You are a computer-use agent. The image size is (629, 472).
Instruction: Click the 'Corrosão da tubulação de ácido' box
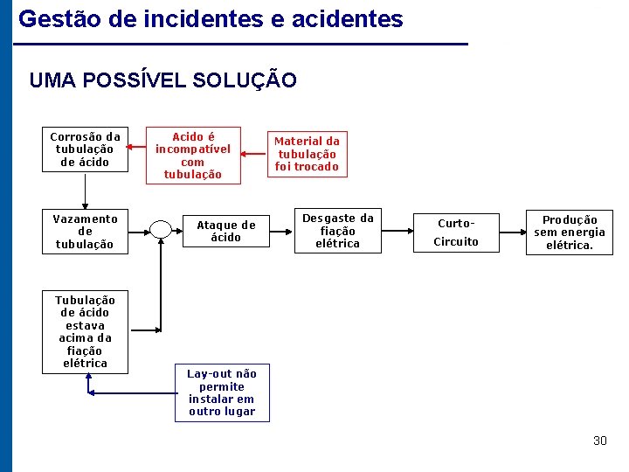tap(85, 149)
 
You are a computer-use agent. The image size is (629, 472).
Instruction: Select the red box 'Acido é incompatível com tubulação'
tap(192, 156)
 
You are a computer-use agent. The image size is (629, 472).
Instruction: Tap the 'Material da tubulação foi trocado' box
tap(307, 154)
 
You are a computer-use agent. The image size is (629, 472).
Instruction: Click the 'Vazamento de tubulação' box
tap(85, 232)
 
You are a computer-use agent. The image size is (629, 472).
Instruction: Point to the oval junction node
tap(161, 230)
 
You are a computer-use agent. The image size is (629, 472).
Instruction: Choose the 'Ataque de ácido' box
tap(225, 231)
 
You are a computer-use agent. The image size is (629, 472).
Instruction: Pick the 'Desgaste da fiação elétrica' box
tap(337, 232)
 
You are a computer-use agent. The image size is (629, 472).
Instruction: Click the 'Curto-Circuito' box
tap(456, 232)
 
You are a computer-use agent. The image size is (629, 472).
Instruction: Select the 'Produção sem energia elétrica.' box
tap(569, 233)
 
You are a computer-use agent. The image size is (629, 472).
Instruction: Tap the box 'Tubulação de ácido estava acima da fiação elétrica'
tap(85, 332)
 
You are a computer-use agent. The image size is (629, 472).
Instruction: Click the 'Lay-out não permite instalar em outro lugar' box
tap(222, 392)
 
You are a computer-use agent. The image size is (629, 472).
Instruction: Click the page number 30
tap(599, 441)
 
